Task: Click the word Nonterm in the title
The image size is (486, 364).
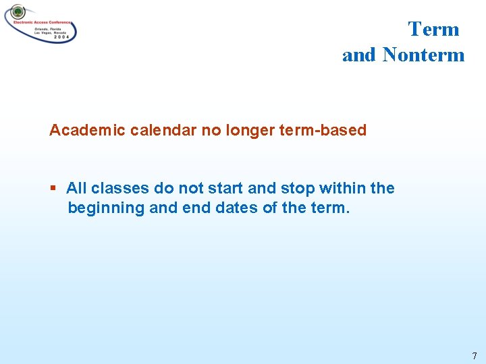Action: pos(423,55)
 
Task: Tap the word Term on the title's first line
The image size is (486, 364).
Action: pos(433,29)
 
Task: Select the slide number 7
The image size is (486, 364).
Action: pos(475,355)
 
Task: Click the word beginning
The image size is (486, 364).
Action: pos(106,208)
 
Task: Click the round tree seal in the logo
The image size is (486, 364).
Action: pos(18,12)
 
